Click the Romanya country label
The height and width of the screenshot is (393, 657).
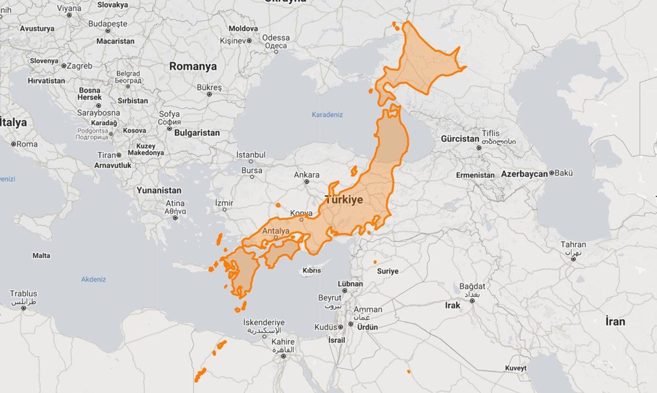[x=193, y=66]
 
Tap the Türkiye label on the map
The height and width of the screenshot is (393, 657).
[x=344, y=200]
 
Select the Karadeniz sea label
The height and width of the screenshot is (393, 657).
[x=327, y=115]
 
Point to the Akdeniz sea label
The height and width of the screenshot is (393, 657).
[x=94, y=279]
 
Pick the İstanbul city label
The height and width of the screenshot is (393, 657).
[x=251, y=155]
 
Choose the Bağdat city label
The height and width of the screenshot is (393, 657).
[x=472, y=286]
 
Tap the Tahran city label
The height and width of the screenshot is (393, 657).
[x=573, y=244]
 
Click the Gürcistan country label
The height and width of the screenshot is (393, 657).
[x=460, y=139]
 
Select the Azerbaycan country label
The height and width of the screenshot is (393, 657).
[x=524, y=174]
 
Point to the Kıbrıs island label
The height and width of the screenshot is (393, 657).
[x=312, y=271]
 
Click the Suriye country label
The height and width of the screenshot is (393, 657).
[x=387, y=271]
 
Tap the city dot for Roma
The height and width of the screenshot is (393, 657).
[x=13, y=144]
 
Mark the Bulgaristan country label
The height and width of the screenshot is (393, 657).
[x=197, y=133]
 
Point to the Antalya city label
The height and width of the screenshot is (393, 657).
[x=276, y=231]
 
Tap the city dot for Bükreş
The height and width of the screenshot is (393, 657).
[x=209, y=94]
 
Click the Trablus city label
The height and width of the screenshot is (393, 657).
[x=24, y=294]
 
